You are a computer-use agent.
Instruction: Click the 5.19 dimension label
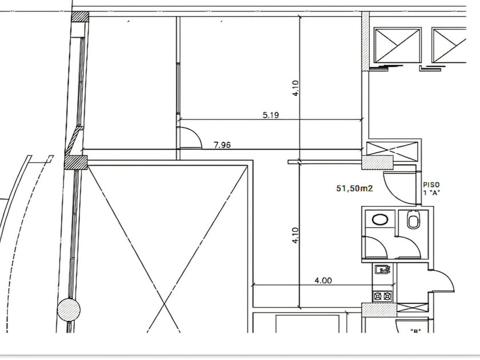click(x=271, y=115)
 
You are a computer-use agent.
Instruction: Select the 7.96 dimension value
click(x=222, y=145)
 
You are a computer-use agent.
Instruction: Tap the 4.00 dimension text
click(x=323, y=280)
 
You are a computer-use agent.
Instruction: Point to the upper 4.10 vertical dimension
click(x=295, y=88)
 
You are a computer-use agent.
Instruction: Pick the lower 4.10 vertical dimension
click(x=295, y=235)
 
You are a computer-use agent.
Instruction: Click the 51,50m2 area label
click(x=354, y=188)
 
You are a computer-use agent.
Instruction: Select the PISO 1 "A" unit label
click(x=431, y=189)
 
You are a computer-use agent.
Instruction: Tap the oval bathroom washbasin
click(x=380, y=219)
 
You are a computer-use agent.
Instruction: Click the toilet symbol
click(x=413, y=219)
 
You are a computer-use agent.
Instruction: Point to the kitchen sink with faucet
click(x=382, y=270)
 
